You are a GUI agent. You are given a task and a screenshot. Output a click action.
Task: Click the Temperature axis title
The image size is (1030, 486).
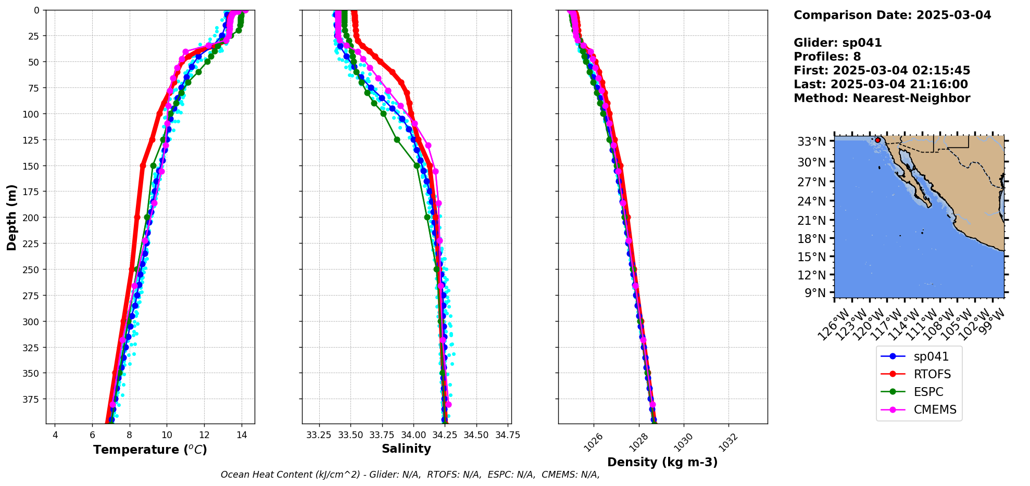coord(150,450)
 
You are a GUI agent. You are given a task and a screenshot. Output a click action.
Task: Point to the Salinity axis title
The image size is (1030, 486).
coord(406,449)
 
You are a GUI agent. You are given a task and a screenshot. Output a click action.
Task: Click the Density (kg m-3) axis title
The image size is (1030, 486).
coord(662,462)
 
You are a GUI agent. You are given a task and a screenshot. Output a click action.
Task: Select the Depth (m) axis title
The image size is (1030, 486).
coord(11,217)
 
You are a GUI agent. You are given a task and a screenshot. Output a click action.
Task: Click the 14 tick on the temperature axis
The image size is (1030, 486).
coord(241,435)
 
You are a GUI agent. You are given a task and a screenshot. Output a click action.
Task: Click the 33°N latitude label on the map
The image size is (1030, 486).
coord(811,142)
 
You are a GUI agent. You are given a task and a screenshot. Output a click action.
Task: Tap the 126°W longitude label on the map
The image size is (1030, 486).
coord(831,326)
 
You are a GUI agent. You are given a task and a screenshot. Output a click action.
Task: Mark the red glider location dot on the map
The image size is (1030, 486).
coord(878,140)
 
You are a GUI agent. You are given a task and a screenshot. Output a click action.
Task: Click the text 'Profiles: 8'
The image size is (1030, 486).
coord(827,57)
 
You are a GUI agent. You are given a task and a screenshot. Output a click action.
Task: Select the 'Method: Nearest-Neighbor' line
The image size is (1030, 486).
coord(882,98)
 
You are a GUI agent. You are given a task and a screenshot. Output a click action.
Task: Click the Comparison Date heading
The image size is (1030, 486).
coord(892,15)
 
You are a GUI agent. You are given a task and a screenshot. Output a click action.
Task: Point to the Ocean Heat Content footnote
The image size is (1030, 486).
coord(410,475)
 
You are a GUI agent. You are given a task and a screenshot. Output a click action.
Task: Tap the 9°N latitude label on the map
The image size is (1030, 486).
coord(815,293)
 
